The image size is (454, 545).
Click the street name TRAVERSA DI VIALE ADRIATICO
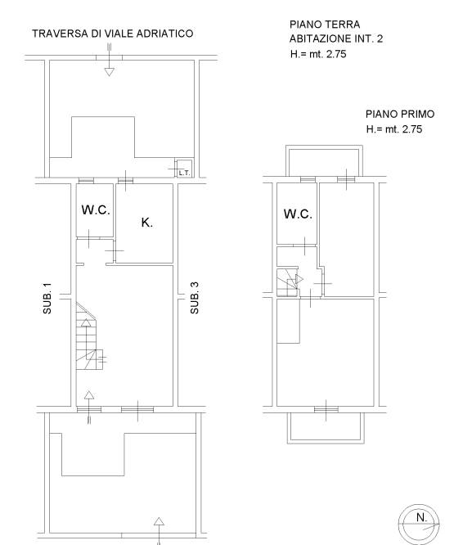(x=113, y=34)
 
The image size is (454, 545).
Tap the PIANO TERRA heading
(x=325, y=25)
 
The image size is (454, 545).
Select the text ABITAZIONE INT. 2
(x=336, y=38)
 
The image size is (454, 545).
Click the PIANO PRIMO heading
(x=400, y=114)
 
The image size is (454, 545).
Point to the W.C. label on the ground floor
(x=96, y=210)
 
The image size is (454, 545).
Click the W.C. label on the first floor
(x=298, y=214)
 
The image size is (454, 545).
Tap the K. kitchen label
(x=147, y=223)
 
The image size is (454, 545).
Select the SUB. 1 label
(x=47, y=299)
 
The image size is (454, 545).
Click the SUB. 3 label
(x=195, y=298)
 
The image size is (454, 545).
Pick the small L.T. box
(x=184, y=169)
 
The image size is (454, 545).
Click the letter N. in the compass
(x=422, y=517)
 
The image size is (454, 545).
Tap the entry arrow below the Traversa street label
(x=110, y=60)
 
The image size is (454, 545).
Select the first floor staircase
(x=288, y=282)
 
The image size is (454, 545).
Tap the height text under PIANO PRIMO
(x=394, y=129)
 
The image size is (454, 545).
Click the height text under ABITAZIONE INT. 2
(x=318, y=54)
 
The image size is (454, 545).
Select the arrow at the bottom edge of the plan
(x=159, y=531)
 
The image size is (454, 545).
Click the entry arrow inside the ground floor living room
(x=89, y=408)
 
